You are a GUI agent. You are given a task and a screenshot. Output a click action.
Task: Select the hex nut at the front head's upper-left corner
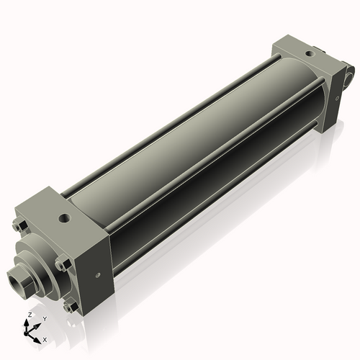coord(17,226)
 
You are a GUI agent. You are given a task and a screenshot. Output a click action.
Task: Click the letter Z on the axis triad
coord(29,315)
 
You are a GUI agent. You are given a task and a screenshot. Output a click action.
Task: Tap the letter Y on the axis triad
coord(45,318)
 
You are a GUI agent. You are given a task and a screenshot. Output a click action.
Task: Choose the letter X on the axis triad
coord(45,338)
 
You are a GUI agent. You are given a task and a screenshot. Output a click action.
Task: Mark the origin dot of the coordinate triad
coord(30,332)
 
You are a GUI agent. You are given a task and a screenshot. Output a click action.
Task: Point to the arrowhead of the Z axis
coord(29,323)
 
